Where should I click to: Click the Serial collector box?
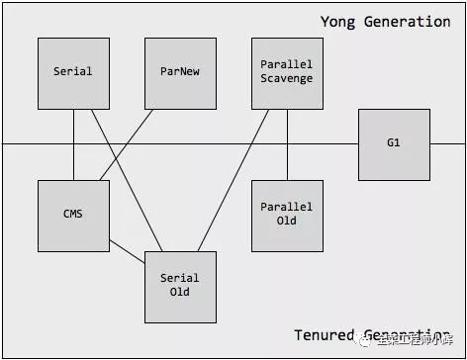(x=73, y=73)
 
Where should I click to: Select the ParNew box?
(x=180, y=73)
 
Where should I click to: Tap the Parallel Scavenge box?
(x=287, y=73)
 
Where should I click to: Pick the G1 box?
(x=394, y=143)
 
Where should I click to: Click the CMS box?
(x=73, y=215)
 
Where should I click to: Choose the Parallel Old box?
(x=287, y=215)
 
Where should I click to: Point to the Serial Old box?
(x=180, y=286)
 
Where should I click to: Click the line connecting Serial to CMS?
(x=73, y=144)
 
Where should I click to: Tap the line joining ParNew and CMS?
(x=127, y=144)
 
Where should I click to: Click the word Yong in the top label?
(x=337, y=22)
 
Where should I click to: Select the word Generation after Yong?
(x=408, y=22)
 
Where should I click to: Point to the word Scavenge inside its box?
(x=287, y=79)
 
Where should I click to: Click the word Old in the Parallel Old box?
(x=287, y=221)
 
